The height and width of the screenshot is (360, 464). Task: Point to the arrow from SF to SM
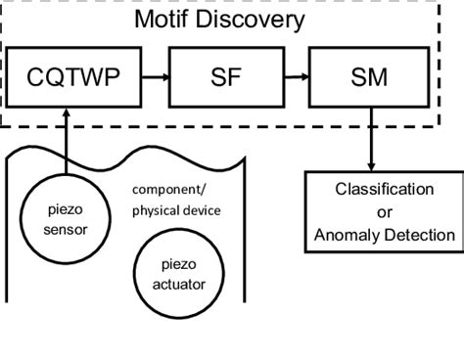296,74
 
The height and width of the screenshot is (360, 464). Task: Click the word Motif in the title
169,20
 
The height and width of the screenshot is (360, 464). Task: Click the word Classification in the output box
384,188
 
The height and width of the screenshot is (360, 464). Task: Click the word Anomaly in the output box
346,235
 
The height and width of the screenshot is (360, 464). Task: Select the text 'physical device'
176,209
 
